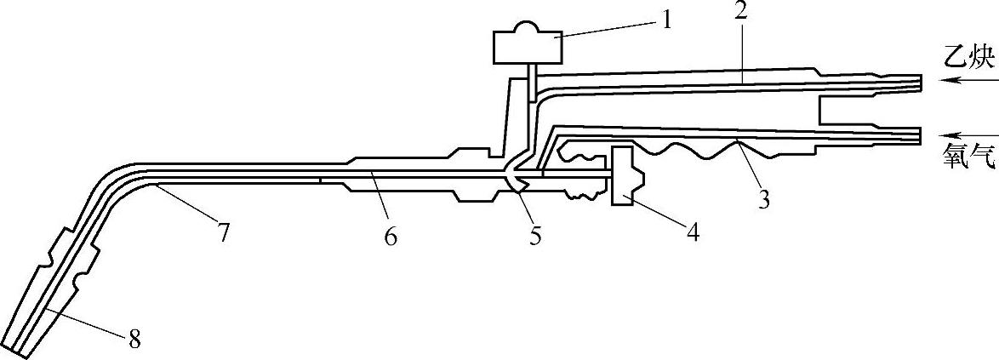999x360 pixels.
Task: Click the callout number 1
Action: [x=666, y=19]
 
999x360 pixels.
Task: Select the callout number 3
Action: [x=763, y=200]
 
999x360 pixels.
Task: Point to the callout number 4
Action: [x=693, y=231]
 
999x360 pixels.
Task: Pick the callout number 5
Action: [x=534, y=236]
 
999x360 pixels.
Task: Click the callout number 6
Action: [x=390, y=237]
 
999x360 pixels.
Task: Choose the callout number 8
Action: [x=134, y=341]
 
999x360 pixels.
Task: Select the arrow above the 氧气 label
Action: [x=966, y=134]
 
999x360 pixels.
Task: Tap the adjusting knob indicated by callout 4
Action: [x=626, y=176]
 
